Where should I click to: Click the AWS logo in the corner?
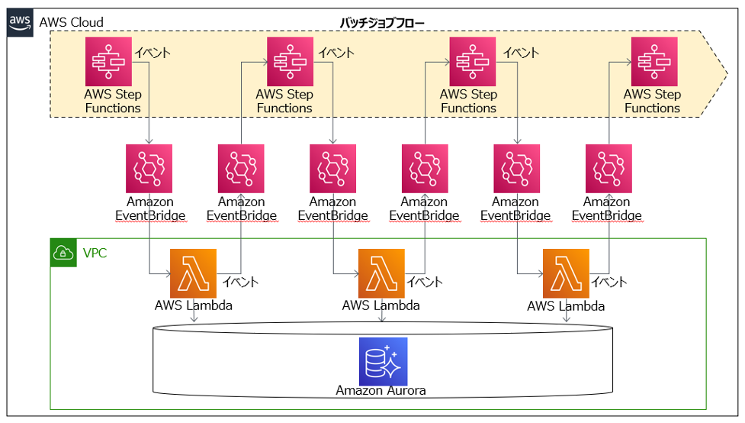click(x=20, y=22)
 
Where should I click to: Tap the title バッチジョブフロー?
click(x=381, y=22)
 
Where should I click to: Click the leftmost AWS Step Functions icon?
click(x=108, y=61)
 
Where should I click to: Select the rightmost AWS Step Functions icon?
click(x=654, y=61)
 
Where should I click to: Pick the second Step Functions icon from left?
click(x=290, y=61)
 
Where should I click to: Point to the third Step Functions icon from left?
click(x=472, y=61)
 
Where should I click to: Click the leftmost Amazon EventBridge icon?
click(x=149, y=169)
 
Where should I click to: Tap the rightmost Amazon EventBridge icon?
click(x=609, y=169)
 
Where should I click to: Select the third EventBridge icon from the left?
click(x=332, y=169)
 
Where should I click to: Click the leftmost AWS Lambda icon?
click(x=194, y=273)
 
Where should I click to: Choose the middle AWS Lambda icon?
click(x=381, y=273)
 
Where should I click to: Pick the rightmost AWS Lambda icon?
click(x=566, y=273)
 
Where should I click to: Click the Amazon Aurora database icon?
click(x=383, y=361)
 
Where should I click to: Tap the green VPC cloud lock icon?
click(x=63, y=253)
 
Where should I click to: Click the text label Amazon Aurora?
click(x=381, y=391)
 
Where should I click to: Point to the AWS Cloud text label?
click(x=71, y=22)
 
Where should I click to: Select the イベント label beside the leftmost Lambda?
click(x=240, y=282)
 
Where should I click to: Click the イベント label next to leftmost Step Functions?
click(x=153, y=53)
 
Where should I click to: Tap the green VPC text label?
click(x=95, y=253)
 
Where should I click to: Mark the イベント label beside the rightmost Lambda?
click(x=609, y=282)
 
